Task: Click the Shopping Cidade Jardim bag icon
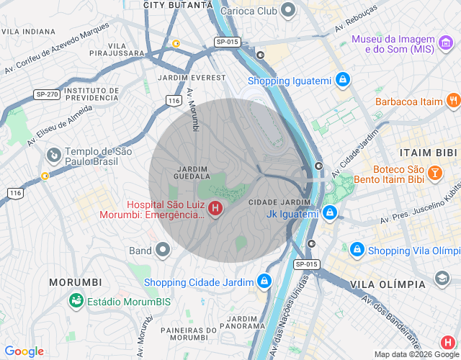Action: click(x=265, y=281)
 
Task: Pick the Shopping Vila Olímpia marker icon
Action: click(x=357, y=250)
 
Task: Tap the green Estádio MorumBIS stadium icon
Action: click(x=75, y=300)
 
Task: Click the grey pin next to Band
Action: click(x=164, y=250)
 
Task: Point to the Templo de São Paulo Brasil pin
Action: click(x=53, y=156)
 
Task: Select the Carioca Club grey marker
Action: click(x=288, y=11)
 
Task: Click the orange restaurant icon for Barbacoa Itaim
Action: click(x=453, y=101)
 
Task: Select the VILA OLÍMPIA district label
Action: click(x=389, y=286)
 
